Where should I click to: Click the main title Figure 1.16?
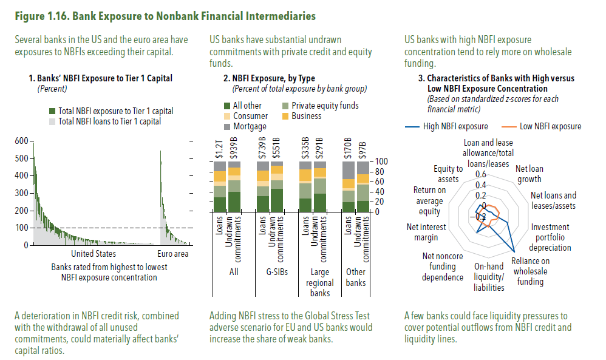[x=165, y=16]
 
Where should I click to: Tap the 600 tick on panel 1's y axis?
[x=22, y=141]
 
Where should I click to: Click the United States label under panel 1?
[x=94, y=254]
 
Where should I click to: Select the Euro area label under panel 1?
[x=173, y=254]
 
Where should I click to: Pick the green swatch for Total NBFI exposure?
[x=52, y=111]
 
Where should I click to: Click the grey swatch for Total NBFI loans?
[x=52, y=121]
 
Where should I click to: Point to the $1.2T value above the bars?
[x=219, y=149]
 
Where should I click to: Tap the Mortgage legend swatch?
[x=227, y=127]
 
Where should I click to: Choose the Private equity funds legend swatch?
[x=285, y=106]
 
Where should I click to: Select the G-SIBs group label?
[x=277, y=272]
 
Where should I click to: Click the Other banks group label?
[x=356, y=277]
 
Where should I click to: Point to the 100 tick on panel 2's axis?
[x=381, y=161]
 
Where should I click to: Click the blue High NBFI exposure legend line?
[x=412, y=127]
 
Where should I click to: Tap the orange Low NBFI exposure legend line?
[x=509, y=127]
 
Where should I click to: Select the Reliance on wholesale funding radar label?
[x=530, y=271]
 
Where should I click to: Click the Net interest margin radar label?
[x=426, y=232]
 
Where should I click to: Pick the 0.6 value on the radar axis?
[x=481, y=175]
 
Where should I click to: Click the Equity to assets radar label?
[x=448, y=174]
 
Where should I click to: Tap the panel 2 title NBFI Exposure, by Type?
[x=269, y=78]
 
